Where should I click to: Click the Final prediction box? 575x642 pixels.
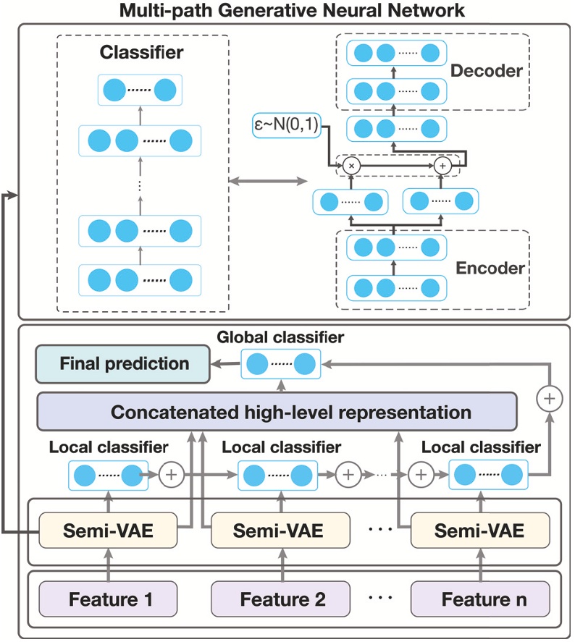pos(125,363)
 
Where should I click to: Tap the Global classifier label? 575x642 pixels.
pos(280,337)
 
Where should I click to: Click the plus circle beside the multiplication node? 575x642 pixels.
pos(444,166)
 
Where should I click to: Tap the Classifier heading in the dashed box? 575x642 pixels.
pos(143,54)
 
